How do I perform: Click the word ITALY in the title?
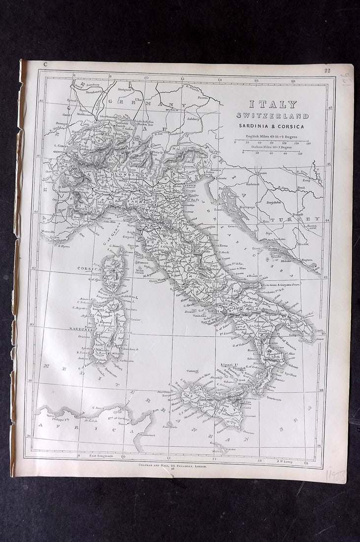(272, 104)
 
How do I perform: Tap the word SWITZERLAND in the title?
(272, 116)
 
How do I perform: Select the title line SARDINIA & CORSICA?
(272, 127)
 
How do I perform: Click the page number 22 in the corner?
(327, 70)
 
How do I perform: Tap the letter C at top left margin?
(45, 64)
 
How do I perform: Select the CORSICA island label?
(89, 269)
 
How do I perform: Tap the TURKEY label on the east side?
(301, 219)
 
